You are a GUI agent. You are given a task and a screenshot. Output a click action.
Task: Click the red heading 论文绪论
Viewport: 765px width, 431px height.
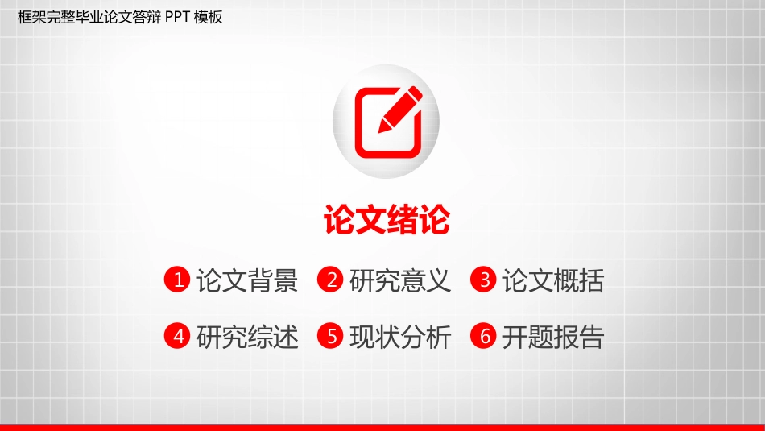pyautogui.click(x=387, y=220)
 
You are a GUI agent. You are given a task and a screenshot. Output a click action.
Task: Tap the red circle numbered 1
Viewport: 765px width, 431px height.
pyautogui.click(x=177, y=280)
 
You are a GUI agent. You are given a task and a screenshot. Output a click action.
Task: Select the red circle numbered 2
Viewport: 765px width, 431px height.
pyautogui.click(x=330, y=280)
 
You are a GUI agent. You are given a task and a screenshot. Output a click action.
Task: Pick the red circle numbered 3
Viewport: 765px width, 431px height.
pyautogui.click(x=483, y=280)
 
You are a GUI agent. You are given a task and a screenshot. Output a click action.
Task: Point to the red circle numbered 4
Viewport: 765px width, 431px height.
pyautogui.click(x=177, y=336)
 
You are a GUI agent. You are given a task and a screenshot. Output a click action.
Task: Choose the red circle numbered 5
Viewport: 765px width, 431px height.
pyautogui.click(x=330, y=336)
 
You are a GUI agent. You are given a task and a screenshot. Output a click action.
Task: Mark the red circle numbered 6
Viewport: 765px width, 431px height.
pyautogui.click(x=483, y=336)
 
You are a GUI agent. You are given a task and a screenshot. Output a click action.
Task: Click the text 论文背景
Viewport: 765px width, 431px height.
pyautogui.click(x=247, y=280)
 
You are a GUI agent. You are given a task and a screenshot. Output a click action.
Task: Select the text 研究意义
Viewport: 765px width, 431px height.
pyautogui.click(x=400, y=280)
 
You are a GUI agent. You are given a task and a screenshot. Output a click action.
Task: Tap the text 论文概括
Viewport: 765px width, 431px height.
pyautogui.click(x=553, y=280)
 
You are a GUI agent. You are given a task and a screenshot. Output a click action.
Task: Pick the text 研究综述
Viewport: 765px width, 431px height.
pyautogui.click(x=247, y=337)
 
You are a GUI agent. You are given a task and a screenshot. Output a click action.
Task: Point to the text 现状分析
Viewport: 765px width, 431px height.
pyautogui.click(x=400, y=337)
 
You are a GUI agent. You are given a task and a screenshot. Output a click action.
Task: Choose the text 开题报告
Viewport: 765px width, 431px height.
pyautogui.click(x=553, y=337)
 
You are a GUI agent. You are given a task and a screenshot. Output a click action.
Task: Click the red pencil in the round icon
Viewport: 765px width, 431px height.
pyautogui.click(x=400, y=109)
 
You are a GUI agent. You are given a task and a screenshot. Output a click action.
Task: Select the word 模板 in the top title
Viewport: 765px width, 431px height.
pyautogui.click(x=209, y=17)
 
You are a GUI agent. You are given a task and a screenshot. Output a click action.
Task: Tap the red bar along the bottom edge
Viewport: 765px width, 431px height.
pyautogui.click(x=382, y=428)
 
